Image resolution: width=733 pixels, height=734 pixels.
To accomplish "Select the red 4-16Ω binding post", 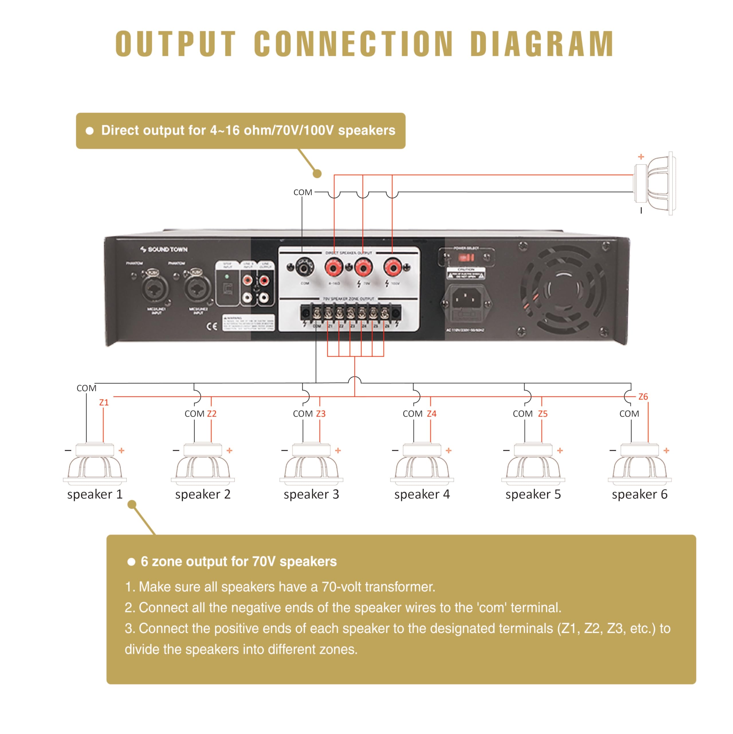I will coord(334,268).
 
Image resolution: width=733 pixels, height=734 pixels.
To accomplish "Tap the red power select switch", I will coord(466,257).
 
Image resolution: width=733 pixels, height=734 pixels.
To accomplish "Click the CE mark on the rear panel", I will coord(212,326).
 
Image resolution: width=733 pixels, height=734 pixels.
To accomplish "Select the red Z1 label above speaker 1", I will coord(104,402).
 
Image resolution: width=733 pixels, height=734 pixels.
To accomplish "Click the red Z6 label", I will coord(643,397).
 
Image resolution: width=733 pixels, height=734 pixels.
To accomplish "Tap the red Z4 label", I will coord(432,414).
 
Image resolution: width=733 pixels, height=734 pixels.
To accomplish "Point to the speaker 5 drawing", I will coord(533,464).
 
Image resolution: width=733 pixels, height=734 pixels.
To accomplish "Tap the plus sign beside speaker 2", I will coord(229,451).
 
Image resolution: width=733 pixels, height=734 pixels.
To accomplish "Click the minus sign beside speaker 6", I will coord(612,451).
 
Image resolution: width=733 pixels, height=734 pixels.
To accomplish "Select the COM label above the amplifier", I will coord(302,192).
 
